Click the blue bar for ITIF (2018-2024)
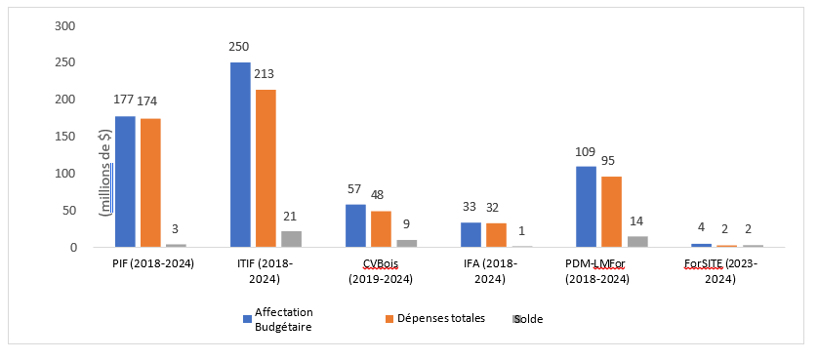click(240, 155)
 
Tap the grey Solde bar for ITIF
click(291, 239)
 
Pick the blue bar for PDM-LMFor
click(586, 207)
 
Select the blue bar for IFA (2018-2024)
click(470, 235)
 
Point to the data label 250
click(240, 47)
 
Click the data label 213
click(266, 73)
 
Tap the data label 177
click(124, 100)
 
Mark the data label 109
click(586, 151)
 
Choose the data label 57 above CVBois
click(355, 189)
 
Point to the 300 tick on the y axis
click(65, 25)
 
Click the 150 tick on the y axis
click(65, 137)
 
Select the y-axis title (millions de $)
click(105, 171)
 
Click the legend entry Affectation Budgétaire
click(282, 319)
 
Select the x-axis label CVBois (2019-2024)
click(381, 270)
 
